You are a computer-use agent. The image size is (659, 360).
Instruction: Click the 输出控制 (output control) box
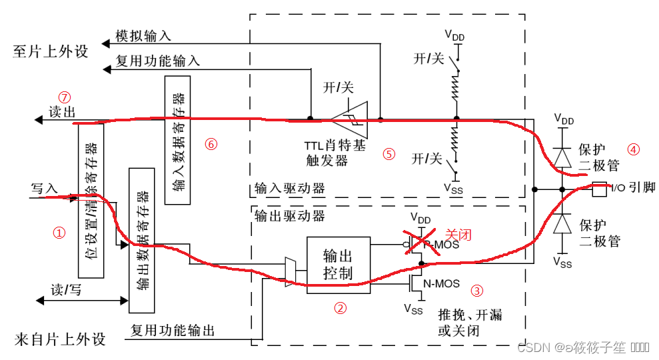click(x=337, y=264)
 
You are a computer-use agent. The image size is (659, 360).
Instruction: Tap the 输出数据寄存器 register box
click(x=142, y=239)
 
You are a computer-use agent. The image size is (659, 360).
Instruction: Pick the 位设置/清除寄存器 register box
click(x=91, y=200)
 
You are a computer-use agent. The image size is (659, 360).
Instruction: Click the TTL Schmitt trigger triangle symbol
click(x=350, y=119)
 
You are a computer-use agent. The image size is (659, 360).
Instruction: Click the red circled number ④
click(x=634, y=149)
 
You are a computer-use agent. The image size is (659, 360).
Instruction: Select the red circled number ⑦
click(x=64, y=96)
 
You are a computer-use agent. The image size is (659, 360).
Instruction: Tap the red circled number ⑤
click(x=389, y=154)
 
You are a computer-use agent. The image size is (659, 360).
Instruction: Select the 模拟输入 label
click(x=143, y=36)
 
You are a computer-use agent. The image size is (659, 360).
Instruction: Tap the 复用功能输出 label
click(x=173, y=329)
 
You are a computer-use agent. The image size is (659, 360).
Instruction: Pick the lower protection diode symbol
click(x=561, y=223)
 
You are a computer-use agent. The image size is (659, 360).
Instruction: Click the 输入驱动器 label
click(x=290, y=189)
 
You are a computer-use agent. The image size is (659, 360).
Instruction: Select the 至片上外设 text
click(x=51, y=51)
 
